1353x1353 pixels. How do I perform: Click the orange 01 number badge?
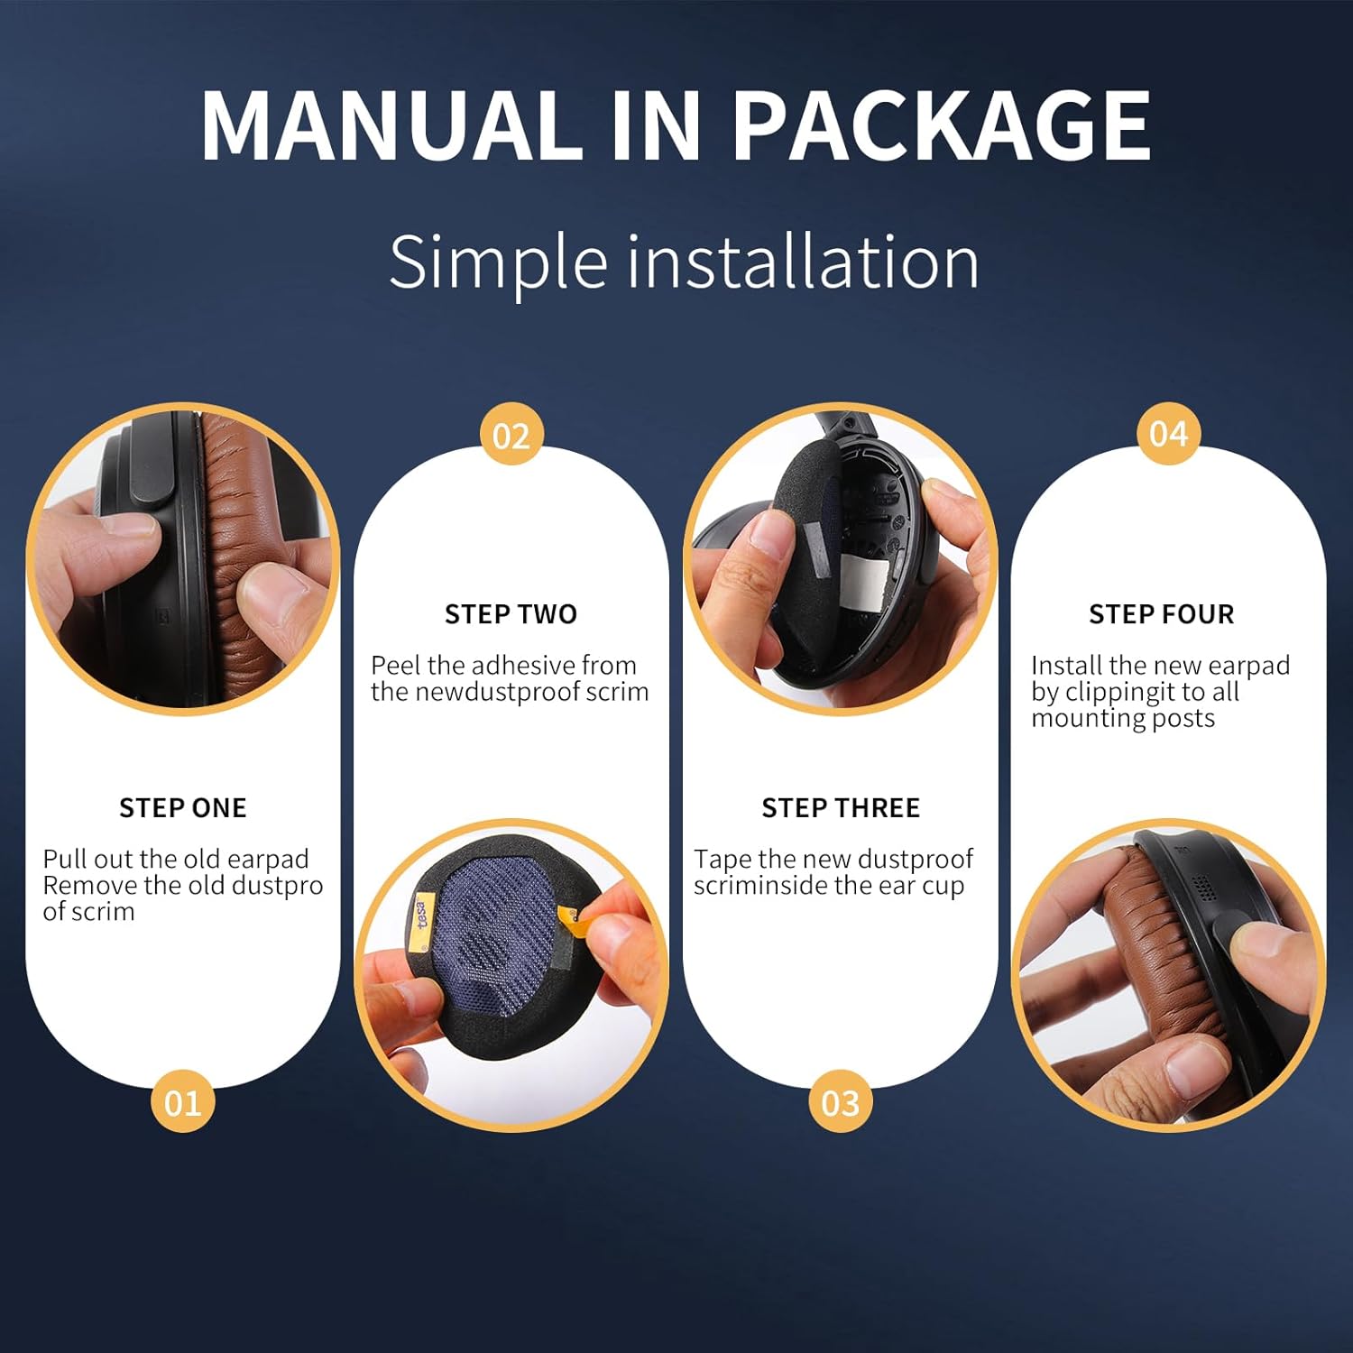[x=182, y=1102]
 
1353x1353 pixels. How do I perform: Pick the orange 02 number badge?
[x=511, y=436]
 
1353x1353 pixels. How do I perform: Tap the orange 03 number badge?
[x=841, y=1102]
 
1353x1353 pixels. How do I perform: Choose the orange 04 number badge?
[x=1168, y=434]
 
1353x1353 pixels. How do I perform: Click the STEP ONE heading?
[x=183, y=807]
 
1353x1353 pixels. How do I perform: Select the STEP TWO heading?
[x=511, y=614]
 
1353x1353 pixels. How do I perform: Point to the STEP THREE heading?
[x=841, y=807]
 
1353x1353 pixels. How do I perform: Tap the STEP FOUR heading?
[x=1162, y=614]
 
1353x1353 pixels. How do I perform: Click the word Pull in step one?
[x=62, y=859]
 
